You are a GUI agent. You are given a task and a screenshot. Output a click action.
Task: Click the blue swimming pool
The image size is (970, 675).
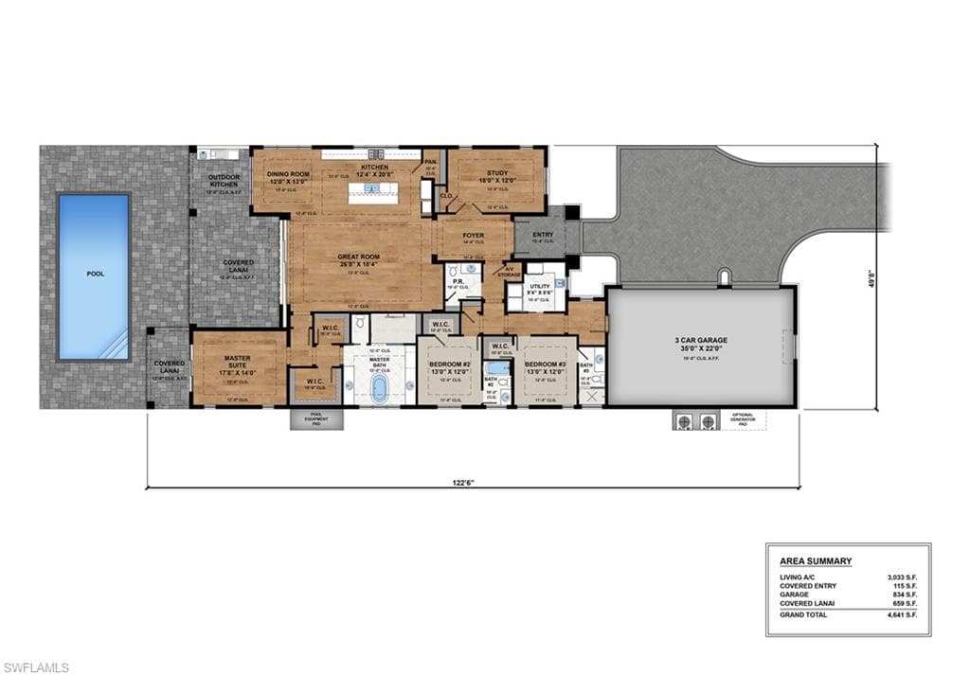coord(93,276)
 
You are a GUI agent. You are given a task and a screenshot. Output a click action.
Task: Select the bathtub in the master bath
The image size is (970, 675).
coord(380,388)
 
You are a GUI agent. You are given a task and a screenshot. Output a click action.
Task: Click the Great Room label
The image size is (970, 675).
coord(359,257)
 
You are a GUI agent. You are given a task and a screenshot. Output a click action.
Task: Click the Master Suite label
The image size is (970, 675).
coord(237,362)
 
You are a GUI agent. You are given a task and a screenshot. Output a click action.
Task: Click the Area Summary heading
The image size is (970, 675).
coord(808,561)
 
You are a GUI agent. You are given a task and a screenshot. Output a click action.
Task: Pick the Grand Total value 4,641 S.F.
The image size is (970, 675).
coord(903,614)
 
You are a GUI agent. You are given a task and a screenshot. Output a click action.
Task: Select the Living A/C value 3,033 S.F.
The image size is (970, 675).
coord(903,577)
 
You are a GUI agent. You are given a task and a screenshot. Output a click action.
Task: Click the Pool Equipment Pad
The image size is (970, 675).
coord(303,418)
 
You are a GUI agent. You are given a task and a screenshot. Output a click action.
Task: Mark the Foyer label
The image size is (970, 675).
coord(474,235)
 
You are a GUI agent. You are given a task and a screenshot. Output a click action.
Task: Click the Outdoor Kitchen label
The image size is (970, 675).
coord(224,180)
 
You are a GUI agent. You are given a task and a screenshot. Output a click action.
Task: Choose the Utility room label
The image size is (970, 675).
coord(540,286)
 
